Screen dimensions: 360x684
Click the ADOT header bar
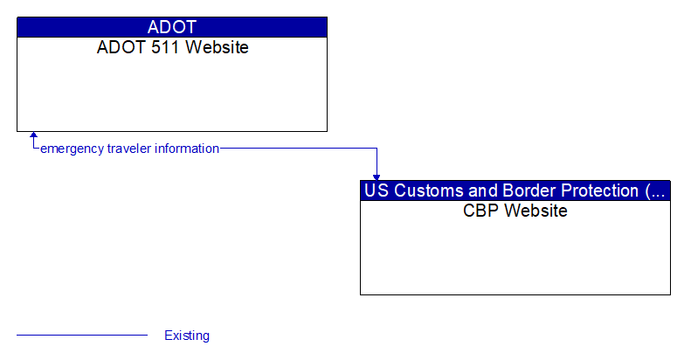[172, 26]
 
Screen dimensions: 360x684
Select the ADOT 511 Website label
[172, 47]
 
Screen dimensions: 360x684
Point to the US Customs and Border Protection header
[515, 190]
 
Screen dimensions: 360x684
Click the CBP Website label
[515, 211]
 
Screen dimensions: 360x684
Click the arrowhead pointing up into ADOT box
[33, 135]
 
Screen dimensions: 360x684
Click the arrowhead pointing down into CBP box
[377, 177]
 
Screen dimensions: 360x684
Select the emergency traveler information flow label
[129, 149]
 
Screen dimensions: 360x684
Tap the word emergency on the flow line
[73, 149]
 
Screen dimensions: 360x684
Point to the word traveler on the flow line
[128, 149]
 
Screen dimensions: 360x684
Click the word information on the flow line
[186, 149]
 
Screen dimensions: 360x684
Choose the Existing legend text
[187, 336]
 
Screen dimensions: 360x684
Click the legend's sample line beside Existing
[82, 335]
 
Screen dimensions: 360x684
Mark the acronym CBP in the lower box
[480, 211]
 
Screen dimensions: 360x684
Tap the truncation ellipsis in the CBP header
[657, 190]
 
